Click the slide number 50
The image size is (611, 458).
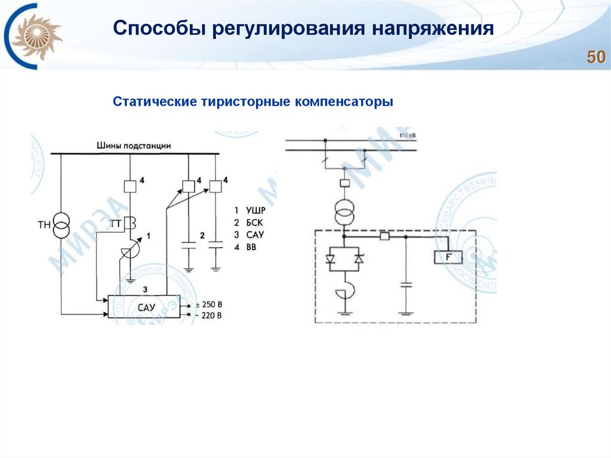click(596, 57)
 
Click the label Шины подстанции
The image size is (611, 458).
click(134, 145)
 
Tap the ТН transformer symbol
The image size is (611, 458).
click(61, 226)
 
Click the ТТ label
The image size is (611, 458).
click(116, 224)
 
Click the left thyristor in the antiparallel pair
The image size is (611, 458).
click(331, 259)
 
